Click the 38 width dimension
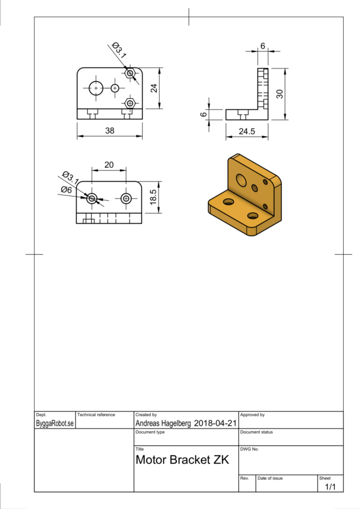click(110, 130)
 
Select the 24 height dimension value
click(154, 88)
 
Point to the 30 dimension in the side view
click(279, 94)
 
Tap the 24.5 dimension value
click(246, 130)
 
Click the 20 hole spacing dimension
click(109, 165)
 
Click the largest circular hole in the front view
click(95, 88)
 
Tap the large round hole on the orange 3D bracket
click(241, 179)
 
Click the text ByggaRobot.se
click(55, 423)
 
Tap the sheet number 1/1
click(330, 487)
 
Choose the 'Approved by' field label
click(252, 415)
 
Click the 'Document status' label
click(256, 432)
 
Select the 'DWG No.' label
click(249, 448)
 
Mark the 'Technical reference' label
click(96, 415)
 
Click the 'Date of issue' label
click(270, 478)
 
